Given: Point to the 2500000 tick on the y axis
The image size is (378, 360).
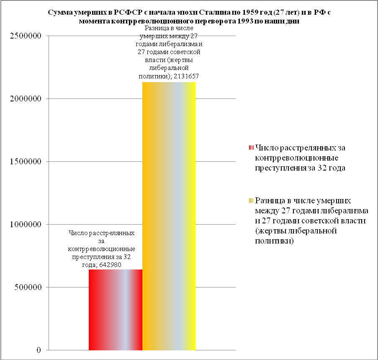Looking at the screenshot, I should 26,36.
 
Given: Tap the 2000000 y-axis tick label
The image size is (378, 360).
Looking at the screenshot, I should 26,99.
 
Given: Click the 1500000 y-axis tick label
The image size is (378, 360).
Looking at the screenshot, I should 26,162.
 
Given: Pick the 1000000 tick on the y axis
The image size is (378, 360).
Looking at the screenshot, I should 26,225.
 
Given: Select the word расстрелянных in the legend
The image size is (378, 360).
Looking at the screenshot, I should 301,148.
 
